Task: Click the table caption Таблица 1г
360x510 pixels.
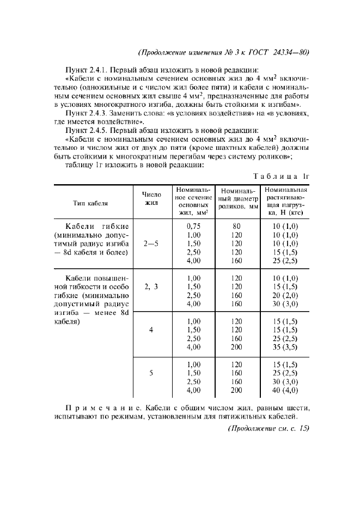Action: point(281,175)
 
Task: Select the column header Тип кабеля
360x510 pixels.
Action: point(90,203)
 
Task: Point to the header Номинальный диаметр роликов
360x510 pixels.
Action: point(237,199)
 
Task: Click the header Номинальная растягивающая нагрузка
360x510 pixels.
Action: point(286,201)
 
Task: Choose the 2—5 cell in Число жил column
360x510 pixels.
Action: point(151,244)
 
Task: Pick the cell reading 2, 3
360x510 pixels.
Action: point(151,286)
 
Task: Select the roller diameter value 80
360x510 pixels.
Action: point(236,226)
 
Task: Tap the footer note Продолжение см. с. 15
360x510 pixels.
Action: point(267,428)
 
